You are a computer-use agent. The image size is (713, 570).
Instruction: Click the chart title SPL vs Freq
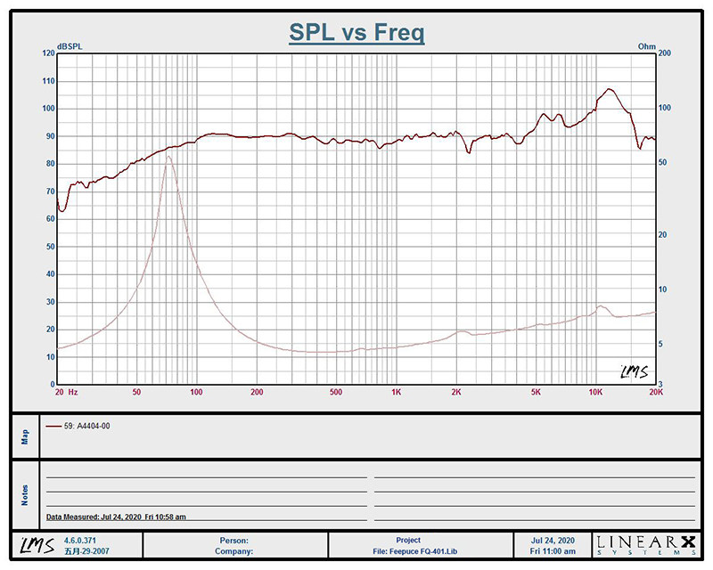356,34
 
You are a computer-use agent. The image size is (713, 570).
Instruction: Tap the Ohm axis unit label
646,46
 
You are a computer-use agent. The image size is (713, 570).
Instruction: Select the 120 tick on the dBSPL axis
48,53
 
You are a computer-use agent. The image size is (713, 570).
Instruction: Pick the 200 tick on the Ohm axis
663,53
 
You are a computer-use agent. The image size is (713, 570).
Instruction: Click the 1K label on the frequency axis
397,392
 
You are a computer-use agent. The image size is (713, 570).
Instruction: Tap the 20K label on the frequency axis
655,392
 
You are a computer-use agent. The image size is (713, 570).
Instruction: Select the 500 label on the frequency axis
335,392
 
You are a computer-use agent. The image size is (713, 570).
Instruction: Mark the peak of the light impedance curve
168,157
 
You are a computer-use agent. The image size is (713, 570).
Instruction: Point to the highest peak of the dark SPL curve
609,89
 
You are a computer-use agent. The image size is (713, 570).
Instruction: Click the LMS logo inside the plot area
634,370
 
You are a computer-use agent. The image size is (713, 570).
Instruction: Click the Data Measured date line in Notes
116,517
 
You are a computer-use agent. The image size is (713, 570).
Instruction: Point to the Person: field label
234,540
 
